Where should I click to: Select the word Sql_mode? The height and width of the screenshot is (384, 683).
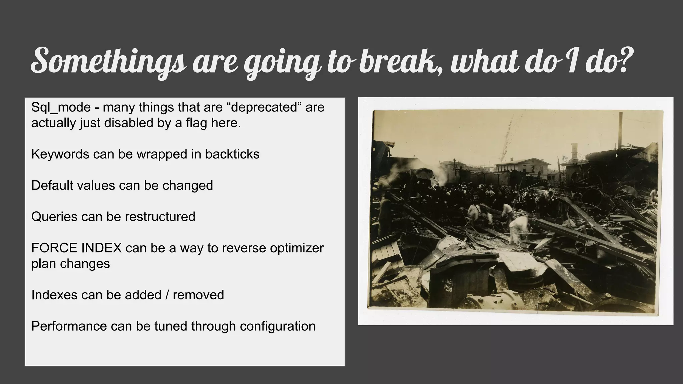61,108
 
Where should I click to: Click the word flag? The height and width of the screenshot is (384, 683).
197,123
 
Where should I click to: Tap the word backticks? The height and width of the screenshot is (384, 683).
232,154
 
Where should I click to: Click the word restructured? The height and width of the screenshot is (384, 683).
160,217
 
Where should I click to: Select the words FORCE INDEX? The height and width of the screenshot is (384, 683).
76,248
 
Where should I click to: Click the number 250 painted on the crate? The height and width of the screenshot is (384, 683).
448,289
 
